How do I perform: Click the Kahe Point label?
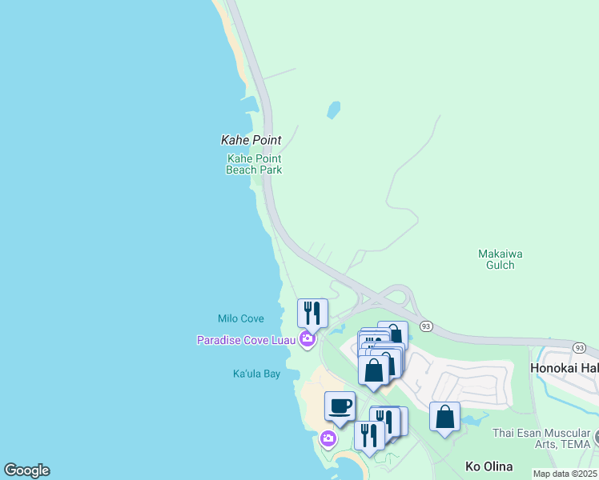pyautogui.click(x=251, y=140)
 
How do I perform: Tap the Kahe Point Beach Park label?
pyautogui.click(x=254, y=164)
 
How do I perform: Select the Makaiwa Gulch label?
pyautogui.click(x=501, y=259)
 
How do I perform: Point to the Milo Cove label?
pyautogui.click(x=240, y=318)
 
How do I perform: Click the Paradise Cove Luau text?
pyautogui.click(x=247, y=340)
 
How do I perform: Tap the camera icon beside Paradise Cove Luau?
pyautogui.click(x=307, y=340)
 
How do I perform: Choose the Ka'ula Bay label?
pyautogui.click(x=256, y=374)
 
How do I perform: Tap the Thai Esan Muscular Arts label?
pyautogui.click(x=541, y=438)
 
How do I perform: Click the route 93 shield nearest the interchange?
pyautogui.click(x=426, y=326)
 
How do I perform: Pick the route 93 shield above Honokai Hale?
pyautogui.click(x=579, y=346)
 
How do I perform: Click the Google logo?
pyautogui.click(x=26, y=470)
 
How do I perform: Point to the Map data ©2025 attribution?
pyautogui.click(x=565, y=474)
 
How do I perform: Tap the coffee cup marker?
pyautogui.click(x=340, y=406)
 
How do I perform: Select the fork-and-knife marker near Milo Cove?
pyautogui.click(x=312, y=312)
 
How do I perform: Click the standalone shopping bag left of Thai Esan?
pyautogui.click(x=444, y=417)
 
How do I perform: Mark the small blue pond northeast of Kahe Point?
pyautogui.click(x=333, y=110)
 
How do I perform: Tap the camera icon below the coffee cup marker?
pyautogui.click(x=328, y=438)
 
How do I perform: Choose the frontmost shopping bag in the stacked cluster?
pyautogui.click(x=373, y=370)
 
